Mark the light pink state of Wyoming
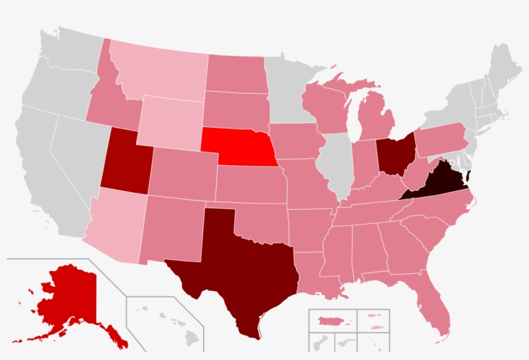170,123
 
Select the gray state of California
45,168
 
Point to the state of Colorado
184,171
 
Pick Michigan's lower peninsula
373,116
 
